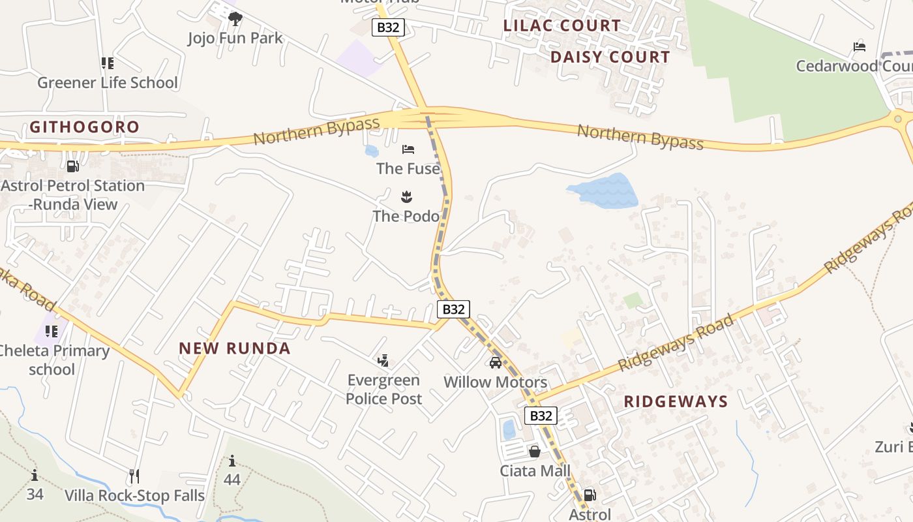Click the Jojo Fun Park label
[235, 38]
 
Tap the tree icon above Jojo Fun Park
[235, 19]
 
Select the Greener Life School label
[108, 82]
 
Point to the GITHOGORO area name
[84, 127]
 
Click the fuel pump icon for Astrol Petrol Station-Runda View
[73, 167]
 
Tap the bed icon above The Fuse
[408, 149]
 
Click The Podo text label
[406, 215]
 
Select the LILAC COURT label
[562, 25]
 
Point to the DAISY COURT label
[610, 57]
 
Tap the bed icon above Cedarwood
[860, 47]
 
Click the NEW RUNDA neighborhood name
[235, 348]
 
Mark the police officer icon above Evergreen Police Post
[383, 360]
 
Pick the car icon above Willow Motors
[496, 363]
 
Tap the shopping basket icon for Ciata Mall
[535, 452]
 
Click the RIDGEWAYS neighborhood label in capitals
[676, 401]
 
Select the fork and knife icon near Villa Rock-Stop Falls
[134, 476]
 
